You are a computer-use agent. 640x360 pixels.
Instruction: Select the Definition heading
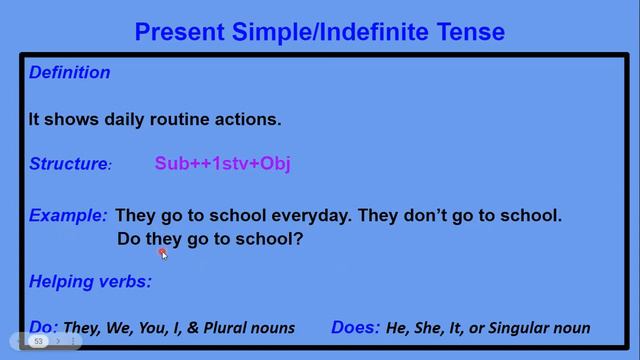pos(69,73)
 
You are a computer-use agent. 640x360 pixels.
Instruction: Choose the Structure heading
pos(69,164)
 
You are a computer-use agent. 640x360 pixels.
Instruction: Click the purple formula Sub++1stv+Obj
pos(222,164)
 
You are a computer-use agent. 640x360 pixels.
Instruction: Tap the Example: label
pos(68,215)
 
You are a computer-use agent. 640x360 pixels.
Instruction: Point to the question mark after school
pos(298,240)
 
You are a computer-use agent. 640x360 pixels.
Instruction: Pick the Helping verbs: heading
pos(90,282)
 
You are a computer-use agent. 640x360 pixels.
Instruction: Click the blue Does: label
pos(356,327)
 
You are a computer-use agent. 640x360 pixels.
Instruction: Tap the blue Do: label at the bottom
pos(44,327)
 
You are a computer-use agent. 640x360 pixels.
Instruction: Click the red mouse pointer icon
pos(163,254)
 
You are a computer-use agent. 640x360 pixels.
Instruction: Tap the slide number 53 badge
pos(39,342)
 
